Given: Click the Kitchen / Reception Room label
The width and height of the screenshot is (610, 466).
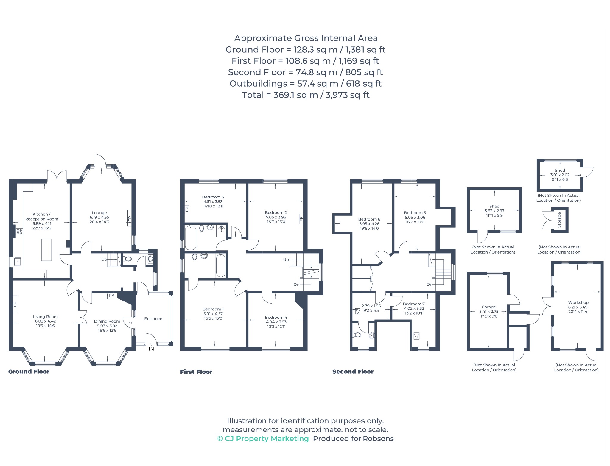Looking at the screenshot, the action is pos(42,217).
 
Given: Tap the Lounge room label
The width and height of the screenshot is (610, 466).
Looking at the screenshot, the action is pos(99,213).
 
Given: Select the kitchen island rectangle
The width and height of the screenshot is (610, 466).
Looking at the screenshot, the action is pos(46,250).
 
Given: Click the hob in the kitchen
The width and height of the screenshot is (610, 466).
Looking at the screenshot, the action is pos(19,231).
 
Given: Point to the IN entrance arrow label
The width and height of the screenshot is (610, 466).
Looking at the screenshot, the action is pos(151,348).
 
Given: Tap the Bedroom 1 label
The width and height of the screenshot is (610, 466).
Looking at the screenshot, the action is pos(213,309).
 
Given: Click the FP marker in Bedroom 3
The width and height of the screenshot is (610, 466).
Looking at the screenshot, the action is pos(187,209).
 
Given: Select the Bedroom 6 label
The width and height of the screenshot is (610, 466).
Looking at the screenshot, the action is pos(369,219).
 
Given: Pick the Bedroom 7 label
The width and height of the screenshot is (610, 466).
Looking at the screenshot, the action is pos(414,304).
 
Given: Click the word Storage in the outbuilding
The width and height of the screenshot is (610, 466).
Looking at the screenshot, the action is pos(559,220).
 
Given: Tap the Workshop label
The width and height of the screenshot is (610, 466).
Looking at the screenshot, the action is pos(578,302).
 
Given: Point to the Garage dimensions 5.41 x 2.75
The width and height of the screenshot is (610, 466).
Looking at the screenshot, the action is pos(489,312).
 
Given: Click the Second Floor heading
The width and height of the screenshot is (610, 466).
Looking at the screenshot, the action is pos(353,372).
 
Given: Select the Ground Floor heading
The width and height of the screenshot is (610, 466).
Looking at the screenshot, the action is pos(29,372).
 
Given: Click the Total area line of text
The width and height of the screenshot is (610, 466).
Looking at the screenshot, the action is pos(306,95).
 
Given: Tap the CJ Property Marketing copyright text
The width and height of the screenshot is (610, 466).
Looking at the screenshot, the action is pos(263,439).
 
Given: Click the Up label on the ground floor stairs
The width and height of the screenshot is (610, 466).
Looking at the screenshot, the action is pos(104,259).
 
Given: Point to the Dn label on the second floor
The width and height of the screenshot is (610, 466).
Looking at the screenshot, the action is pos(429,284).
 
